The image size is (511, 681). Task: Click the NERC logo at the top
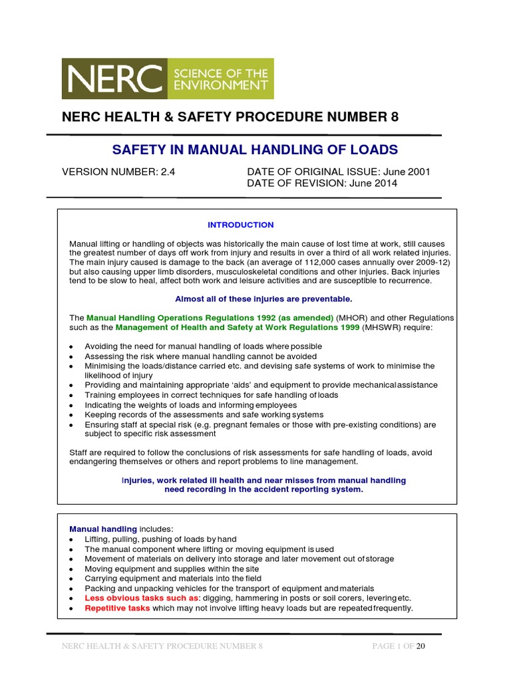(x=166, y=77)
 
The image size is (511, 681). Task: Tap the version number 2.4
(x=168, y=172)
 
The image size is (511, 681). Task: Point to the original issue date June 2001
(x=408, y=172)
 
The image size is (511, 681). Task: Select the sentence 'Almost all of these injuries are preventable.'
(x=263, y=299)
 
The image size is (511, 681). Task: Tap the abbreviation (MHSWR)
(x=385, y=327)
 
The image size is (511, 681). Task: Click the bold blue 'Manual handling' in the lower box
(x=102, y=529)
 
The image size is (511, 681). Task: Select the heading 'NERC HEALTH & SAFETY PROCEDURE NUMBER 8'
(x=230, y=118)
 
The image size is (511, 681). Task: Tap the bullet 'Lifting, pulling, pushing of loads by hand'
(x=160, y=539)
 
